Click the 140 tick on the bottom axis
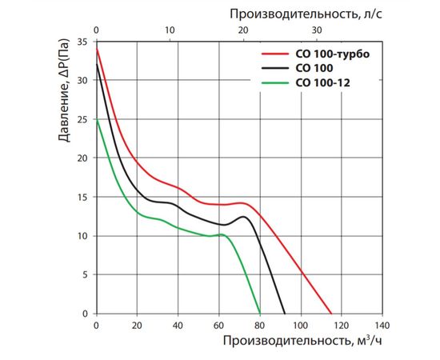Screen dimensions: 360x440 [382, 326]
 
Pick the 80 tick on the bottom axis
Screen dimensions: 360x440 [259, 326]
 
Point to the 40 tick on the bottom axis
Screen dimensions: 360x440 [178, 326]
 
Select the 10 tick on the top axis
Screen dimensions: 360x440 [170, 30]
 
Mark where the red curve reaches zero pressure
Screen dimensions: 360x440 [331, 314]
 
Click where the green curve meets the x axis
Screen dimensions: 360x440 [260, 314]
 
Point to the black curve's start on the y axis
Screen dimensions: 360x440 [96, 64]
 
